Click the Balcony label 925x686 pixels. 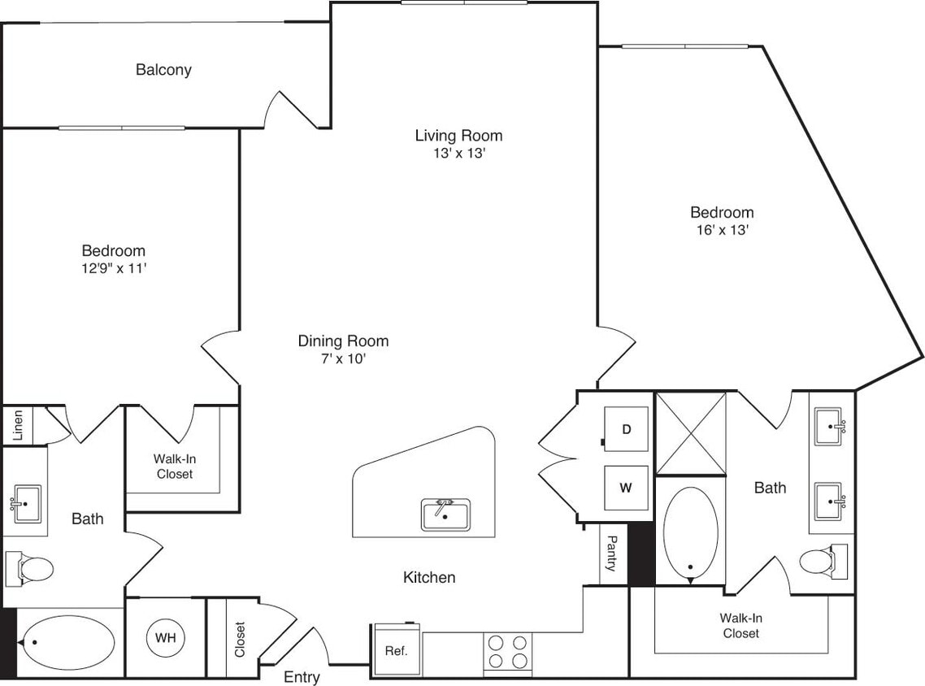pos(163,70)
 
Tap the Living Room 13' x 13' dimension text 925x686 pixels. pos(458,154)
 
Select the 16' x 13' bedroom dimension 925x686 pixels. pos(721,230)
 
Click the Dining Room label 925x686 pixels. pos(342,341)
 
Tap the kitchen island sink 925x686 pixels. pos(445,515)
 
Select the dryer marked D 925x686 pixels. pos(626,428)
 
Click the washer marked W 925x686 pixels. pos(626,488)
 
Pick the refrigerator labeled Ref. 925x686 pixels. pos(397,651)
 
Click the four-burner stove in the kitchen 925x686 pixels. pos(507,651)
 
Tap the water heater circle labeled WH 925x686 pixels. pos(165,636)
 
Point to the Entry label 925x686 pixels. pos(302,676)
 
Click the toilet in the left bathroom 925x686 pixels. pos(28,567)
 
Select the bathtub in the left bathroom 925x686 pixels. pos(67,642)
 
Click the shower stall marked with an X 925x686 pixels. pos(690,433)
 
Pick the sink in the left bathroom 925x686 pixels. pos(26,505)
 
